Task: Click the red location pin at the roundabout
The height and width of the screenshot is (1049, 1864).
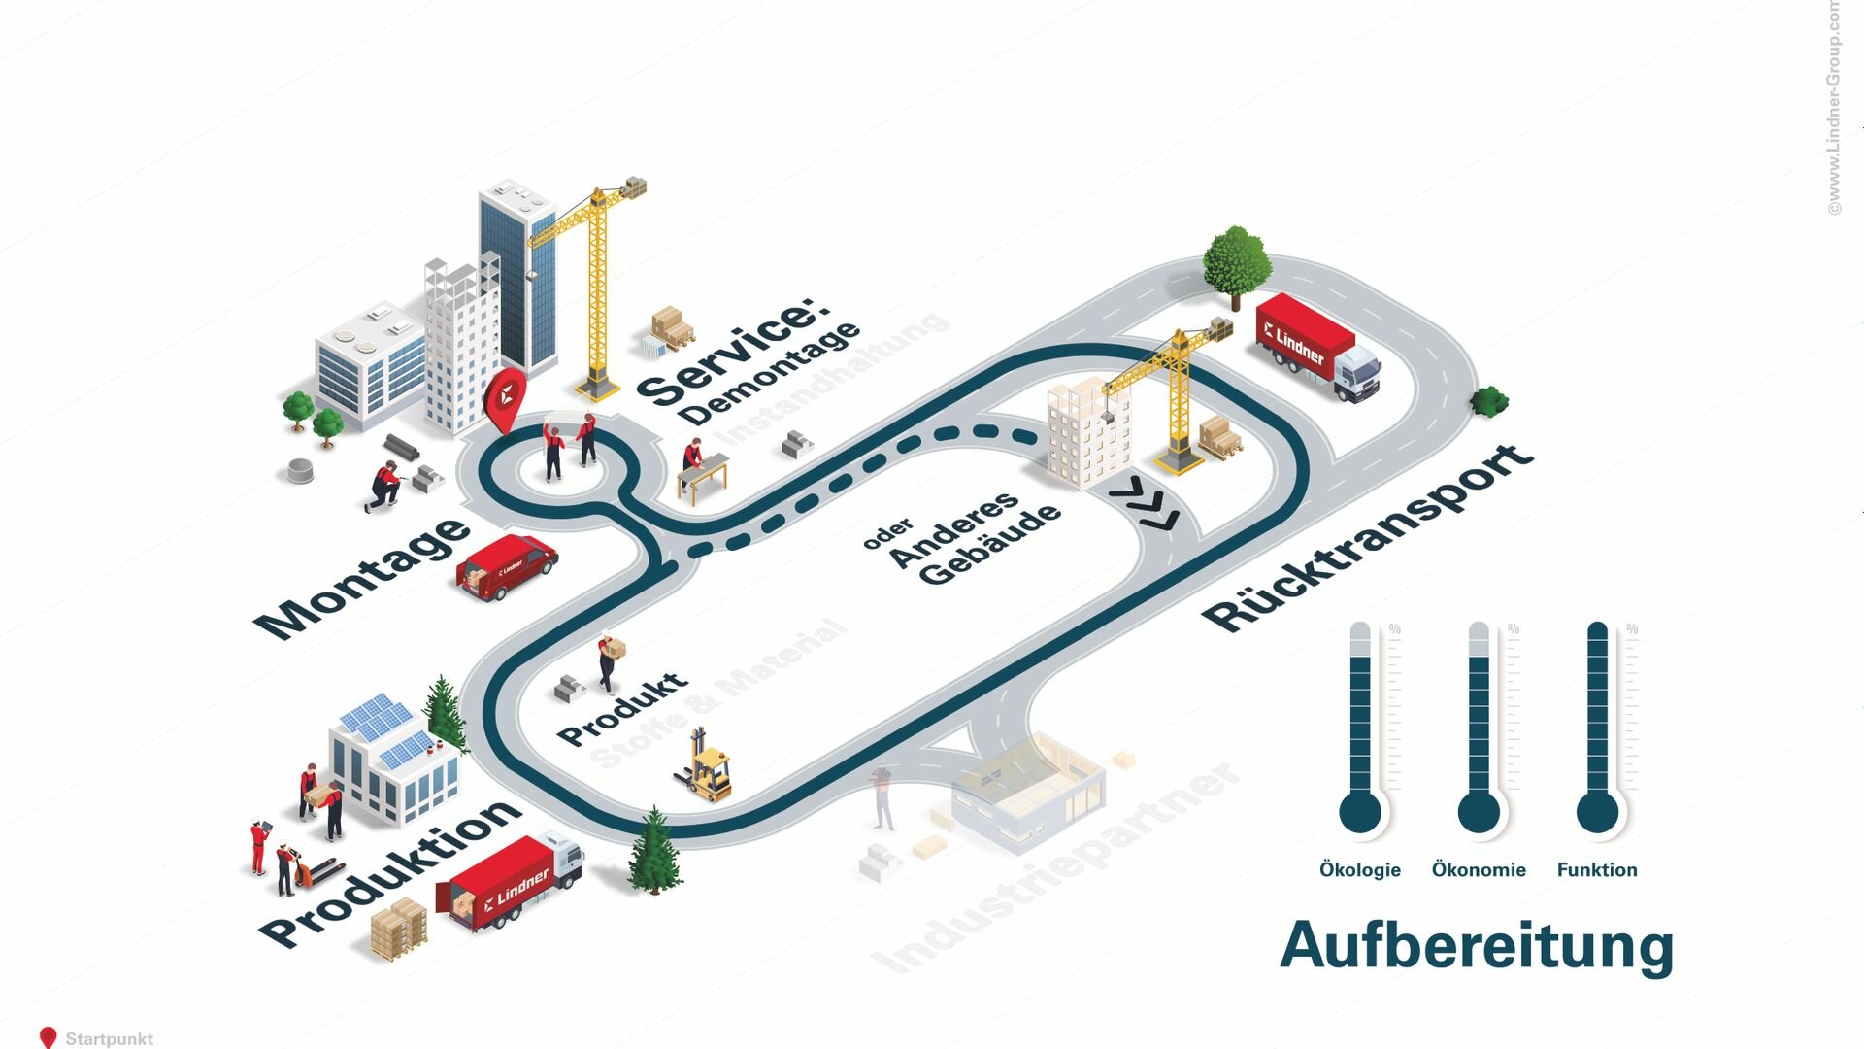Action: point(505,399)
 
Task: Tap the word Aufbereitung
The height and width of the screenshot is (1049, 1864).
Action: point(1476,945)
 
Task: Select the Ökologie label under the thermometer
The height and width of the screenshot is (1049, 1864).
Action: point(1359,870)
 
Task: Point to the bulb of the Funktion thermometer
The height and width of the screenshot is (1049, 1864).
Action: point(1597,812)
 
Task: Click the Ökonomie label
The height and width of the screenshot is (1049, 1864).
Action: point(1479,870)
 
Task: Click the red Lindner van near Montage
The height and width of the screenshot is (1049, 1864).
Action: point(506,565)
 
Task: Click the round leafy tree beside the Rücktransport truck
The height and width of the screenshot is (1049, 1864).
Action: point(1236,260)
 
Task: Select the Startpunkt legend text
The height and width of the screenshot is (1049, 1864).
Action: point(109,1038)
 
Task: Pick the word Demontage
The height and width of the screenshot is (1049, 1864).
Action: point(770,374)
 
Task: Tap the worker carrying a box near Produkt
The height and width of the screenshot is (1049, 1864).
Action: point(610,660)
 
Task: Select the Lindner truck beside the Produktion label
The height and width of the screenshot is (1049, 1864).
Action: point(512,882)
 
